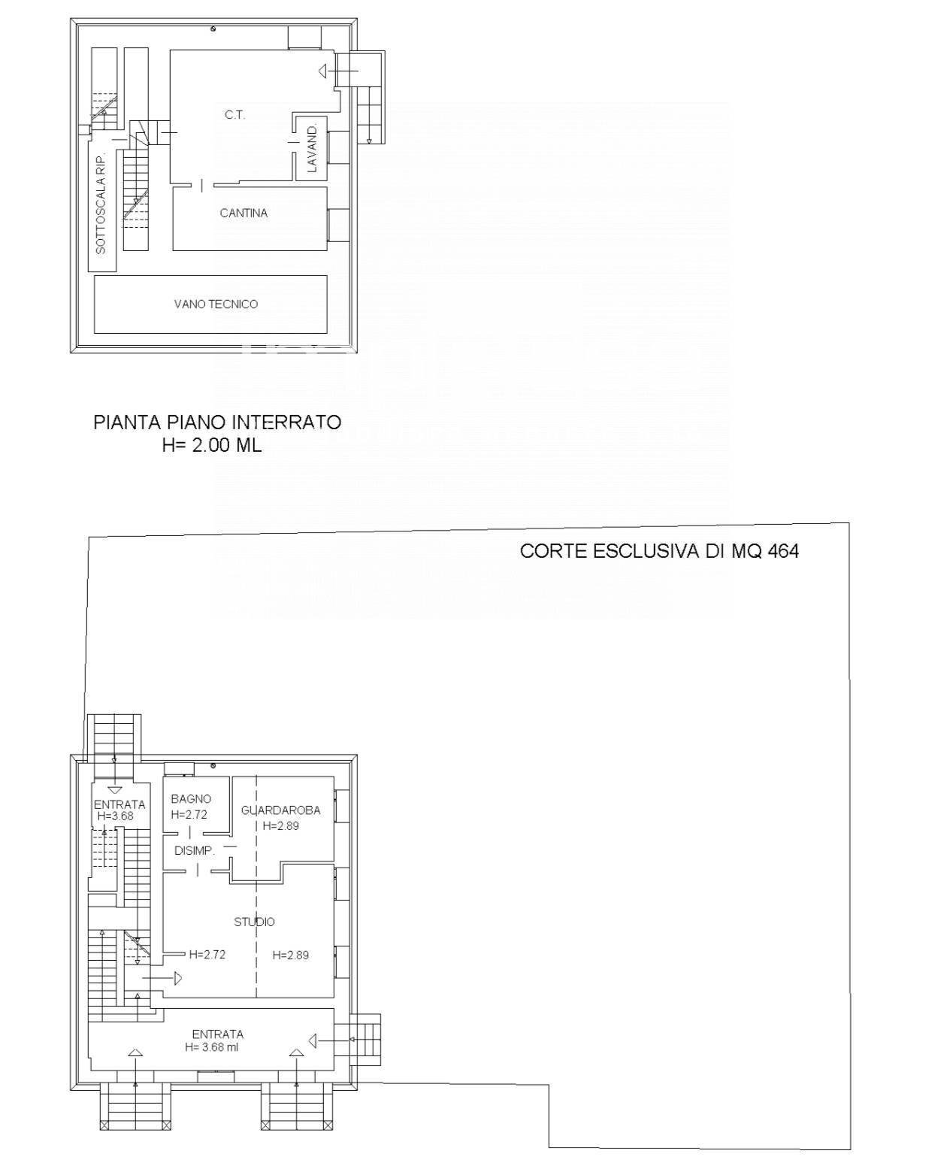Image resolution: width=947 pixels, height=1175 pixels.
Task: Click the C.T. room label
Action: [x=234, y=115]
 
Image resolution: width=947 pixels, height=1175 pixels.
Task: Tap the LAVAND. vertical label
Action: [x=313, y=149]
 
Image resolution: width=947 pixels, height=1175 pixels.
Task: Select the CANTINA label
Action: [x=244, y=213]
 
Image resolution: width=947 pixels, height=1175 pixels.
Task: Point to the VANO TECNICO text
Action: [x=216, y=304]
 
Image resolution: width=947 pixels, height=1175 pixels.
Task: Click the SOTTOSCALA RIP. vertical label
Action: [x=101, y=201]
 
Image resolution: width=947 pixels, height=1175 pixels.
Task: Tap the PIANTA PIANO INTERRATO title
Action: [x=217, y=422]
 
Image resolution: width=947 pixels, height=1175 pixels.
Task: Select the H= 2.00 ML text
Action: [x=212, y=446]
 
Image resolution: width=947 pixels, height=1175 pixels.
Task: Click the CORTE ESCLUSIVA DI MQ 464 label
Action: [x=659, y=551]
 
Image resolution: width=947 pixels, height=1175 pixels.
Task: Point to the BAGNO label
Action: [x=191, y=799]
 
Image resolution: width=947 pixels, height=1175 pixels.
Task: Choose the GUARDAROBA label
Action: [x=280, y=810]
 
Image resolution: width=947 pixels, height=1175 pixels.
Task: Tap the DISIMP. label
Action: [x=195, y=851]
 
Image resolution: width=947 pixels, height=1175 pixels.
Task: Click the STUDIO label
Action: [x=254, y=922]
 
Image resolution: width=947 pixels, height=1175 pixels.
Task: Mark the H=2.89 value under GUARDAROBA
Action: [x=281, y=825]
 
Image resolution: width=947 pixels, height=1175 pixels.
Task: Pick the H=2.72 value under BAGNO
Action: [x=189, y=814]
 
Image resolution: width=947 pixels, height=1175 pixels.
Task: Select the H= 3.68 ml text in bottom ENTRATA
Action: [x=212, y=1046]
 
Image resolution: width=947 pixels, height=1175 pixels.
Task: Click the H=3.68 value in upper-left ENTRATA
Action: [x=115, y=816]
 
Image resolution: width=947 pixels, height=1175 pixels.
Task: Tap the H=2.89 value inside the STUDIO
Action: [x=291, y=955]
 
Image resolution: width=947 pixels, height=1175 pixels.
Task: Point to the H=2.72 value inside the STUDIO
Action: [x=207, y=955]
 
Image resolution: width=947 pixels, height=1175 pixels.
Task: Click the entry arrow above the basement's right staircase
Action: [x=323, y=71]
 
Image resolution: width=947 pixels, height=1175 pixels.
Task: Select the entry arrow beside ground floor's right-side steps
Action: [x=313, y=1040]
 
